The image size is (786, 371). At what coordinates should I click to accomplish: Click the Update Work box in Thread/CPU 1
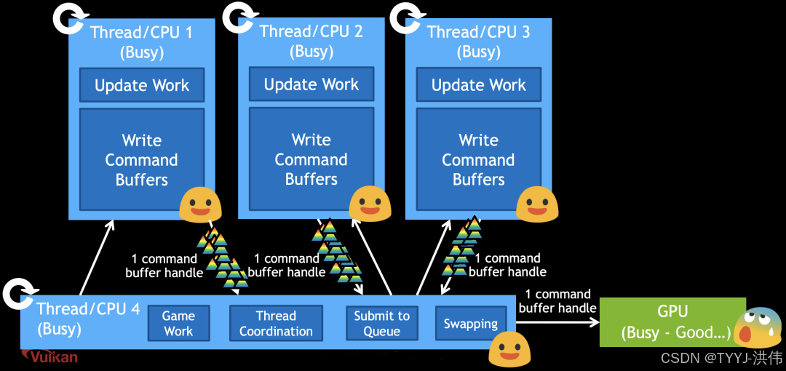pos(142,85)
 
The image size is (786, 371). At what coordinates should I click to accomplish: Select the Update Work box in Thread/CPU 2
pos(311,84)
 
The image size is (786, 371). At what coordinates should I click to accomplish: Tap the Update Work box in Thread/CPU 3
pos(479,85)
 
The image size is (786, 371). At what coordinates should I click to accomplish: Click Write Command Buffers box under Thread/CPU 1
pos(142,160)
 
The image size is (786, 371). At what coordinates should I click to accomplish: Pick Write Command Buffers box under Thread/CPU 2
pos(311,159)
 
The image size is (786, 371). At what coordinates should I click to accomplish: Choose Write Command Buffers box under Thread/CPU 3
pos(479,159)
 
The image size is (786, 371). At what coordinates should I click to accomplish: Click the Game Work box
pos(178,323)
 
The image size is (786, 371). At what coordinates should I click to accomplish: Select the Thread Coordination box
pos(276,323)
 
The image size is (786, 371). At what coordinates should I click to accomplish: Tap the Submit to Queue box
pos(382,323)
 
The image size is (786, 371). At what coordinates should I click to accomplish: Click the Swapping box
pos(471,324)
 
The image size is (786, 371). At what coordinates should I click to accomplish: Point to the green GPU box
pos(672,322)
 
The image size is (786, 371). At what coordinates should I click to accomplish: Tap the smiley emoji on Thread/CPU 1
pos(200,204)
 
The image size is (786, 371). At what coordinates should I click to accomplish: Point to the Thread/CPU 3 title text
pos(478,32)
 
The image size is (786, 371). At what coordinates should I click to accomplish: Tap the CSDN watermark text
pos(720,357)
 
